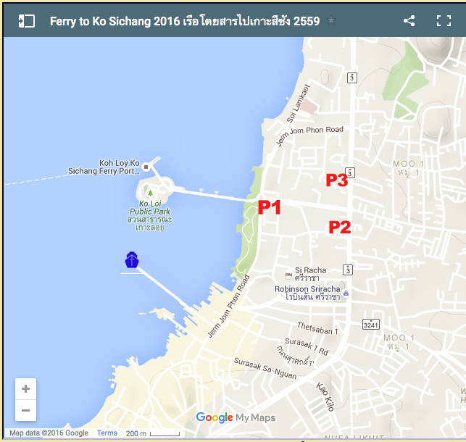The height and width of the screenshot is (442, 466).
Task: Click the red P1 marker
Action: click(x=269, y=207)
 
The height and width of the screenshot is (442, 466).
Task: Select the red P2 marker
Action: click(x=340, y=227)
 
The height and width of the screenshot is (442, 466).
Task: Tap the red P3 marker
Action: click(x=336, y=180)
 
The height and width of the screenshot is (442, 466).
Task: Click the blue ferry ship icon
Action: click(x=131, y=259)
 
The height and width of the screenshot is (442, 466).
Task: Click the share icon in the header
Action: click(x=409, y=20)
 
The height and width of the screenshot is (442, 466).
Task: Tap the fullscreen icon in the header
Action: click(x=444, y=20)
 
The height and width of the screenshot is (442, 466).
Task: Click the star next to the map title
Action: click(x=331, y=20)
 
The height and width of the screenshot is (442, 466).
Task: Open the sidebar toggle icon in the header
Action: click(x=27, y=20)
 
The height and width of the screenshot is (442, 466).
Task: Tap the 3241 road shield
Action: click(x=371, y=323)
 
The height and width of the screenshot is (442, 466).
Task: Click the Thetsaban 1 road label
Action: click(x=317, y=328)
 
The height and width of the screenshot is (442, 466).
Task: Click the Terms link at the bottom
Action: click(x=107, y=433)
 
